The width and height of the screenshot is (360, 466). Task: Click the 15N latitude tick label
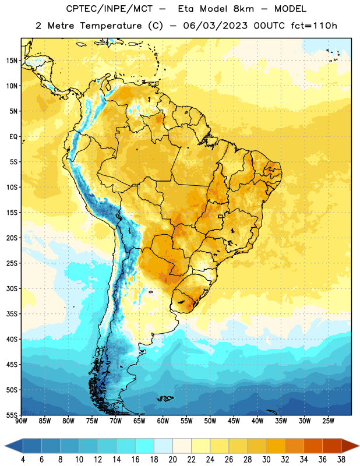point(12,61)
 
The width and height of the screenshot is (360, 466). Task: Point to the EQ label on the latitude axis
point(13,137)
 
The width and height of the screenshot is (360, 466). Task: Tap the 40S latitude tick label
point(12,339)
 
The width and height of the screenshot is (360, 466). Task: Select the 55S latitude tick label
point(12,415)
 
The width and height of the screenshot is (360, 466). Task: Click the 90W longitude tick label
point(21,421)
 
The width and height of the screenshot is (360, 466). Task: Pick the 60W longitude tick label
point(163,421)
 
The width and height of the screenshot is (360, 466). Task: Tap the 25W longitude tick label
point(328,421)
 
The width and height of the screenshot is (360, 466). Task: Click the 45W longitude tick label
point(234,421)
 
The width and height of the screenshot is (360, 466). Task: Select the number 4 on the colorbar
point(23,460)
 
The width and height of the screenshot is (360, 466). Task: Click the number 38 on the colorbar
point(341,460)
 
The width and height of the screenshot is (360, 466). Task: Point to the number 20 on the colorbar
point(172,460)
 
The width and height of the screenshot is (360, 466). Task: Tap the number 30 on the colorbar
point(266,460)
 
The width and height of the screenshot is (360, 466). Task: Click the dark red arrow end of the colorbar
point(350,446)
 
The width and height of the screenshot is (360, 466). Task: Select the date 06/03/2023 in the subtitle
point(215,26)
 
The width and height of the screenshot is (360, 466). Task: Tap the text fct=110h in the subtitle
point(314,26)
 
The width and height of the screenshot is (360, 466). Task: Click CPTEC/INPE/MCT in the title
point(109,9)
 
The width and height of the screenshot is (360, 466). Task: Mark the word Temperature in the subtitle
point(111,26)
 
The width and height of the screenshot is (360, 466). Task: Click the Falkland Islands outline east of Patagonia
point(165,398)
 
